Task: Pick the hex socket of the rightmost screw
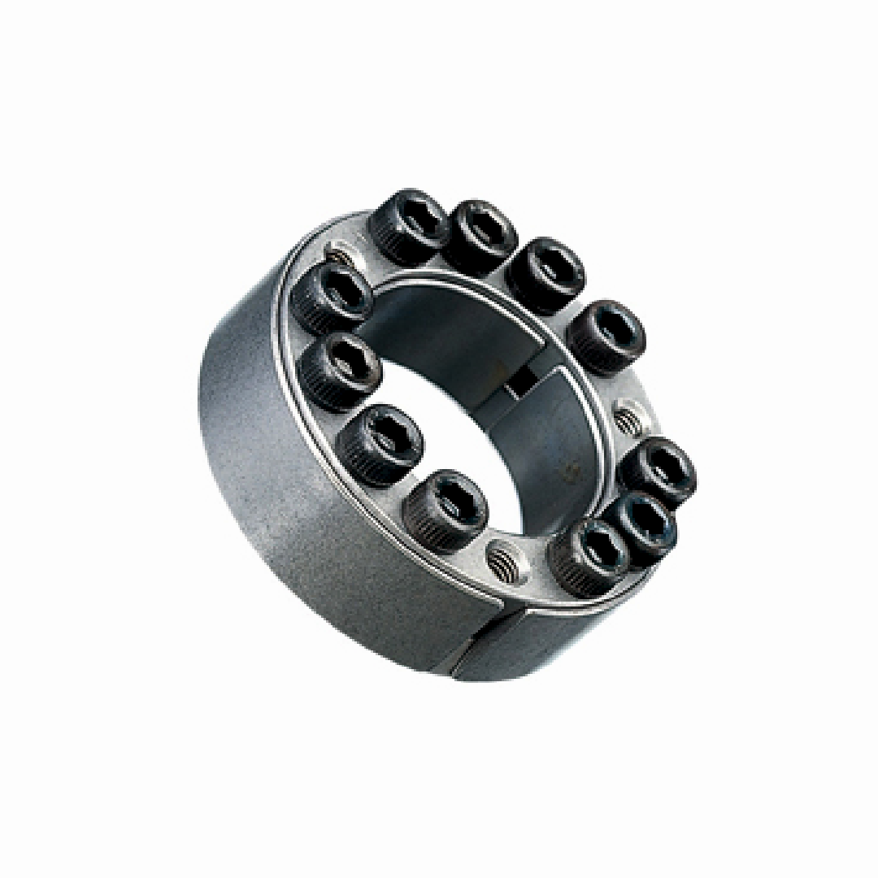[x=667, y=463]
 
